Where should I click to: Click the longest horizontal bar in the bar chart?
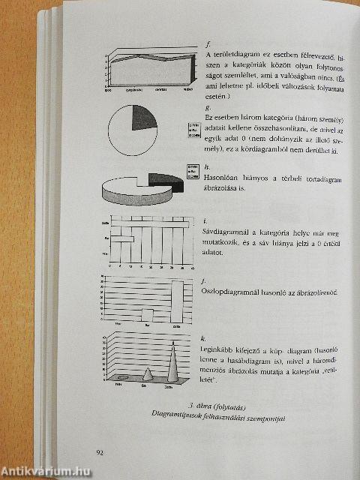[150, 223]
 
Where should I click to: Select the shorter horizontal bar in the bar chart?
[122, 239]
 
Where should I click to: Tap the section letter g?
[206, 107]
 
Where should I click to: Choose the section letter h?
[206, 166]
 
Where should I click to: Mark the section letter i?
[205, 221]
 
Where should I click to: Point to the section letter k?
[205, 339]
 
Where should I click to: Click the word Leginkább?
[219, 349]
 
